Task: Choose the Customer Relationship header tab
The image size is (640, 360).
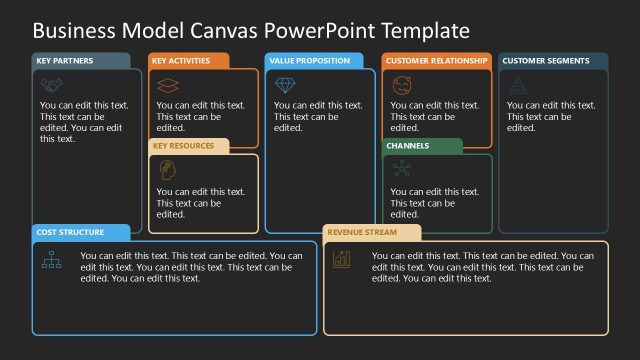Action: pos(436,61)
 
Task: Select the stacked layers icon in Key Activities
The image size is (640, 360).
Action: pos(167,85)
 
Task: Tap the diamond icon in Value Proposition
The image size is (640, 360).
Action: pos(284,85)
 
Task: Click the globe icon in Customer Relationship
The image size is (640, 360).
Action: pos(401,84)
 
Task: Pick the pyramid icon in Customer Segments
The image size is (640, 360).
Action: pos(517,85)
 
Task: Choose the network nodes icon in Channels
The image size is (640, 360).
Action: pos(401,169)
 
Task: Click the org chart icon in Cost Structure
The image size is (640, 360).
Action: pos(51,260)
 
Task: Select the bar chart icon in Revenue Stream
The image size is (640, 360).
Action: pos(342,259)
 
